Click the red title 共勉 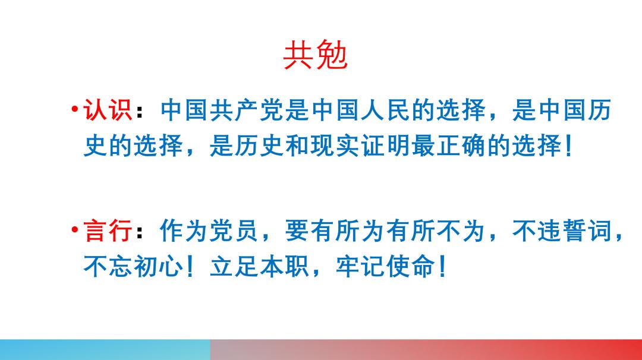coord(315,56)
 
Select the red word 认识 coord(108,110)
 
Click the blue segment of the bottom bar coord(105,349)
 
